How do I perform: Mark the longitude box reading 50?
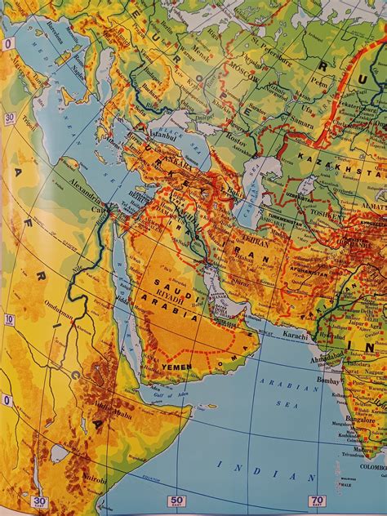(x=176, y=500)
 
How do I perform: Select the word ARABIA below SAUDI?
(x=172, y=314)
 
